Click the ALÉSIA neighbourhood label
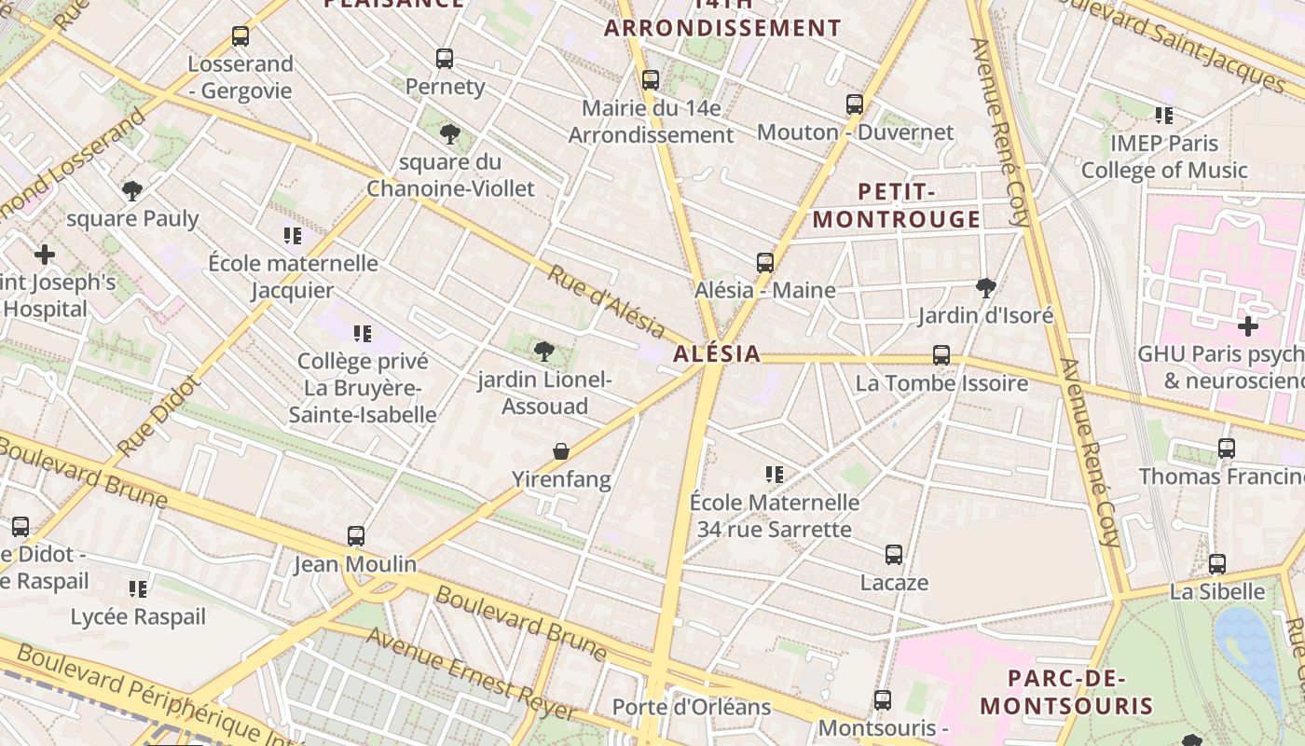pos(717,354)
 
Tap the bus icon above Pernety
pos(445,59)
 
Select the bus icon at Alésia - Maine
pos(765,263)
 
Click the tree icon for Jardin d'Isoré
pos(985,287)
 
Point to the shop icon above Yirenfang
pos(561,451)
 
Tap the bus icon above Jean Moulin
pos(356,536)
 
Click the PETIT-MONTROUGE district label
pos(896,206)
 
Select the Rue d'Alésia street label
pos(606,303)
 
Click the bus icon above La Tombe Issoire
pos(941,355)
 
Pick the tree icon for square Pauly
pos(132,191)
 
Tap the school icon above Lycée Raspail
pos(138,588)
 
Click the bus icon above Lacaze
pos(894,555)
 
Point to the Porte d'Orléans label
pos(691,707)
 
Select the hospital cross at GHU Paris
pos(1248,326)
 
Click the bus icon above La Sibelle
pos(1217,564)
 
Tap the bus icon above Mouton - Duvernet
pos(855,104)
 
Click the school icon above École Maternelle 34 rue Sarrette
pos(774,475)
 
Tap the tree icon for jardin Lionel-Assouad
pos(544,352)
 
